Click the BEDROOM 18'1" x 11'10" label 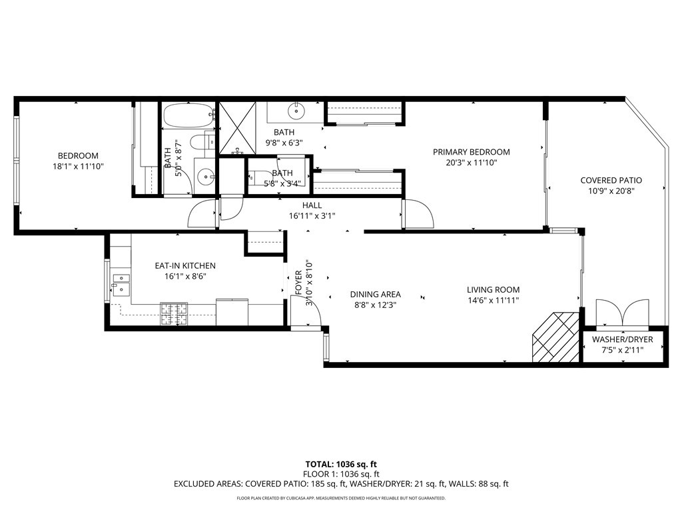click(x=79, y=161)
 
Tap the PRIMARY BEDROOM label click(x=471, y=152)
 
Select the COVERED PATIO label click(x=611, y=180)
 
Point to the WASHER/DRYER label click(x=623, y=339)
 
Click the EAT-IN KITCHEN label click(x=185, y=265)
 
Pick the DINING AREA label click(x=376, y=295)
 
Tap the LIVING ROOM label click(x=494, y=289)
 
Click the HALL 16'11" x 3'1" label click(x=312, y=210)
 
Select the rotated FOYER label click(x=299, y=283)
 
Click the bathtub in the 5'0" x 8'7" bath click(x=188, y=115)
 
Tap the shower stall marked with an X click(x=236, y=128)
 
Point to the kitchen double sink click(x=121, y=283)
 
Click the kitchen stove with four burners click(x=174, y=314)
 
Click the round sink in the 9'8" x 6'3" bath click(x=296, y=111)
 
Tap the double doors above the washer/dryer click(x=623, y=312)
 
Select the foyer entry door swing click(x=306, y=311)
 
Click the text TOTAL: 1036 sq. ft click(x=341, y=464)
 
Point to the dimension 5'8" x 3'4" click(x=282, y=184)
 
